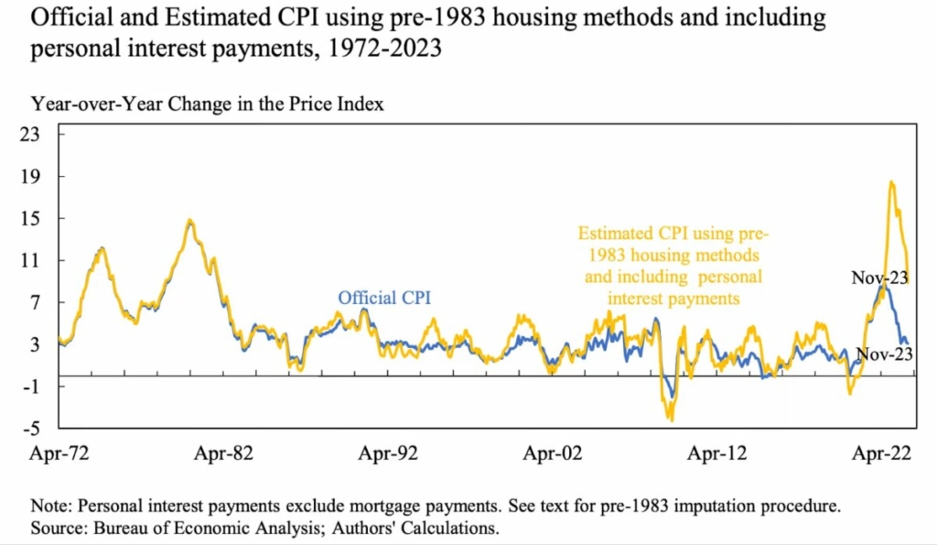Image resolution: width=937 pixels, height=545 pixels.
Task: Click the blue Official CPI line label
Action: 384,297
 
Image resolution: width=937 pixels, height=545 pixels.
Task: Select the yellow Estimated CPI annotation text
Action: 673,265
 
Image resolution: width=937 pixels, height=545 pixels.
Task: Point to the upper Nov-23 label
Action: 879,278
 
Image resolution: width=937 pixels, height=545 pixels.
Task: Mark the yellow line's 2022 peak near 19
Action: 890,181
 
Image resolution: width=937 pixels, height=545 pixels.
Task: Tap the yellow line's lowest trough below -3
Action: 671,420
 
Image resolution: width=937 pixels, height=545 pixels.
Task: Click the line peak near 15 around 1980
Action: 188,220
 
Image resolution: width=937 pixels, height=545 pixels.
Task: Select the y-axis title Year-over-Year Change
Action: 207,104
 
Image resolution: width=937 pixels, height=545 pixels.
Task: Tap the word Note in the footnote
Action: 49,506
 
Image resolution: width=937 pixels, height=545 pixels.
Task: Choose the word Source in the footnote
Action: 57,528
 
